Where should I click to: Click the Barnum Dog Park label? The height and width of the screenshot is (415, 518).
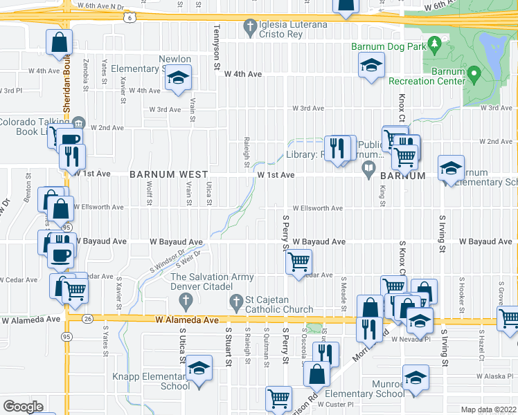pos(387,47)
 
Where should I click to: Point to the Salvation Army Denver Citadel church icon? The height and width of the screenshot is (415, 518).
pos(185,302)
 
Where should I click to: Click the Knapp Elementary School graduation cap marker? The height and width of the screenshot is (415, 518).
pos(199,369)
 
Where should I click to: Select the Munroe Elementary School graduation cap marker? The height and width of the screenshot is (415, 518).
pos(416,378)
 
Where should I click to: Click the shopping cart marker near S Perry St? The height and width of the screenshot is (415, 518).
pos(298,261)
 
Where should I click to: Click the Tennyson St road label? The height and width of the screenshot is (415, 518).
pos(217,48)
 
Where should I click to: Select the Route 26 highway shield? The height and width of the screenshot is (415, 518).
pos(87,319)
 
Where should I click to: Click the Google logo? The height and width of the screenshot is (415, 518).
pos(24,406)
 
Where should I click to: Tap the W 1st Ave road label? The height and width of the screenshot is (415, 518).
pos(276,176)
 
